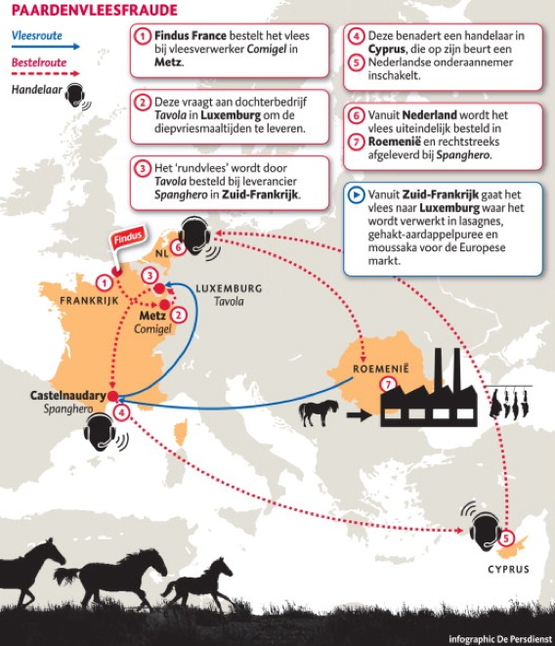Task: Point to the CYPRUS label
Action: [508, 569]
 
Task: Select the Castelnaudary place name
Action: [67, 395]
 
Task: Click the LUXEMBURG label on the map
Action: [229, 288]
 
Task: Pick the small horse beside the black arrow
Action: [319, 411]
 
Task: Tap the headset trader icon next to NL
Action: [194, 239]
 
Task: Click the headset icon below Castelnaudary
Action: [104, 433]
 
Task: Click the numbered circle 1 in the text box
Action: [143, 35]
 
